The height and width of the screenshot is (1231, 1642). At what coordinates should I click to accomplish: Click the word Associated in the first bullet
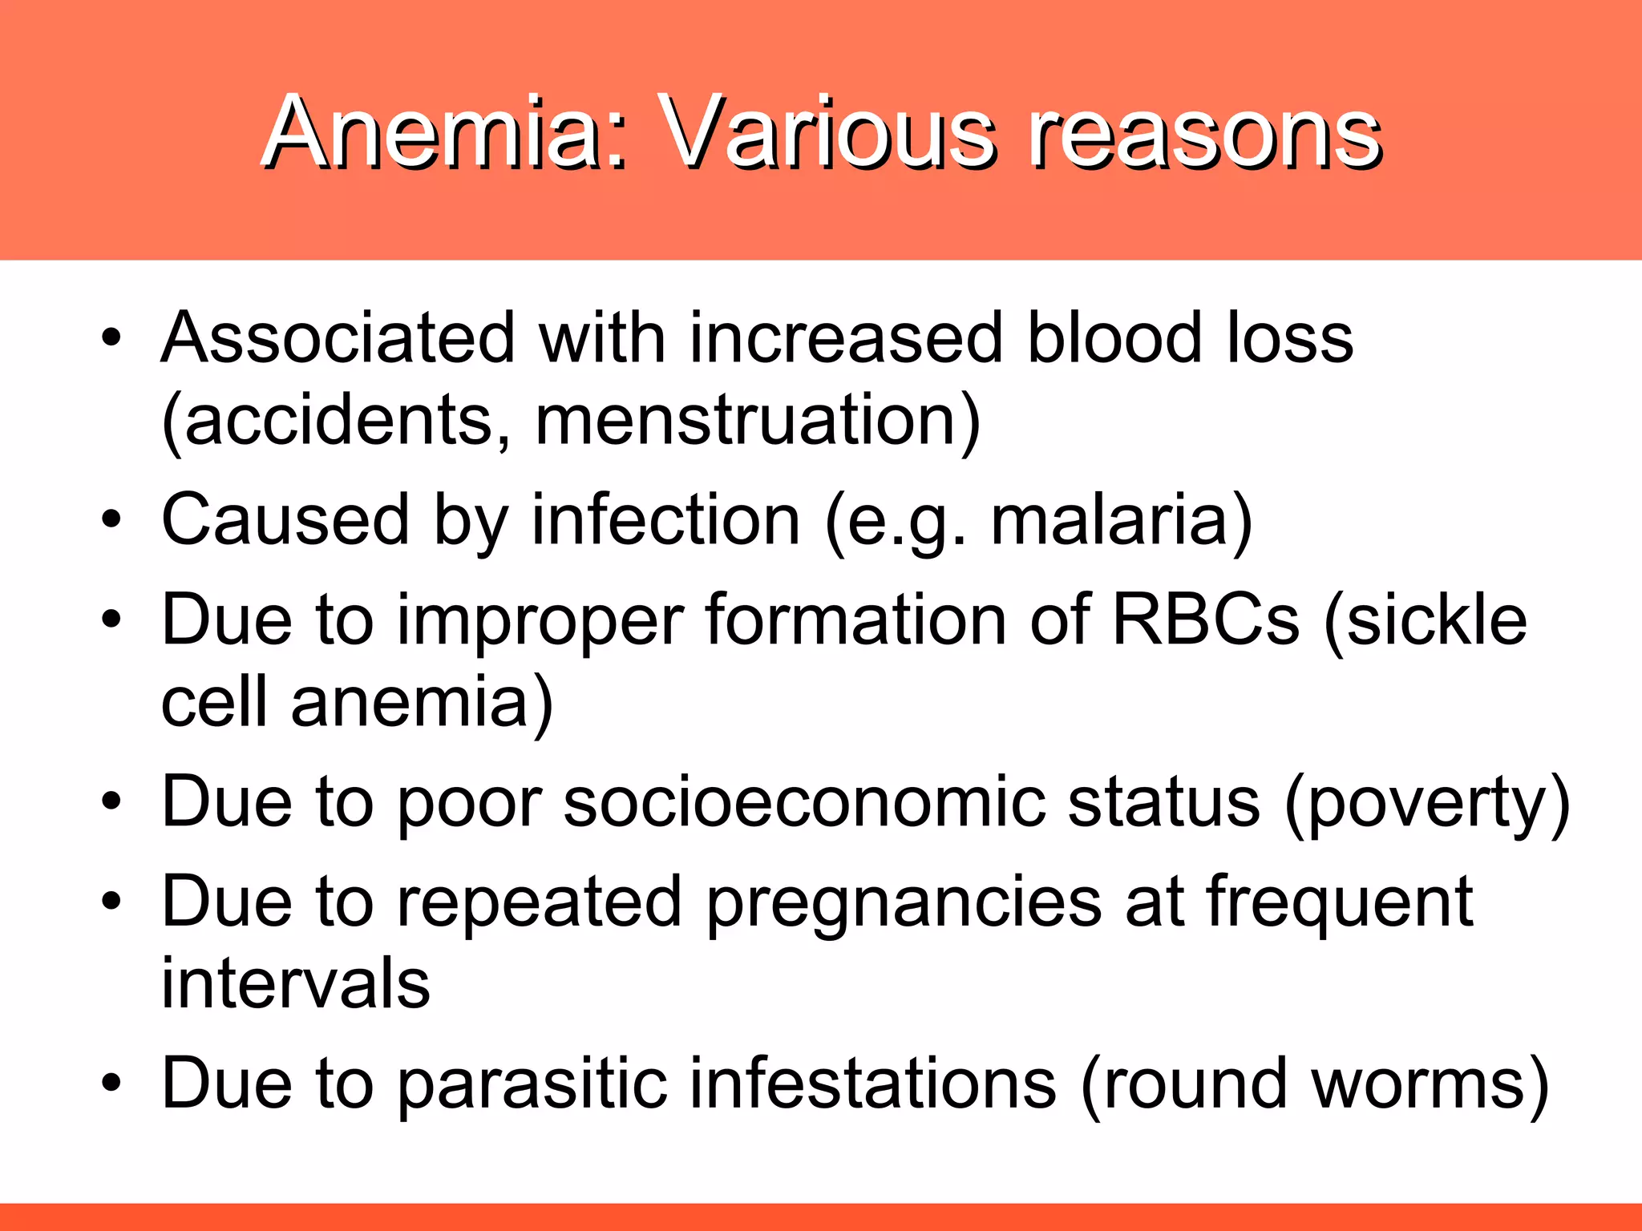pos(337,338)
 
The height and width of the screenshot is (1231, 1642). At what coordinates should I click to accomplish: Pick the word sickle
pos(1435,621)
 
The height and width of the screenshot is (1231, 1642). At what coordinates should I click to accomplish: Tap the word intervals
pos(295,984)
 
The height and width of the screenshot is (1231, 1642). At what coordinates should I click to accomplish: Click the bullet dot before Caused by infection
pos(111,519)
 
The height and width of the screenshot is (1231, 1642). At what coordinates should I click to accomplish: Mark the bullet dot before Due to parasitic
pos(111,1084)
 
